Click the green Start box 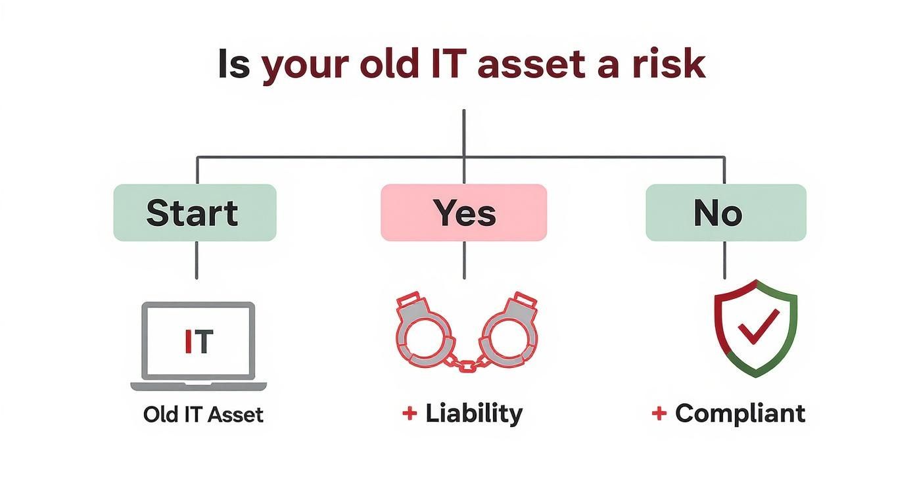195,213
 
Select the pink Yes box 463,213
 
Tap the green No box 725,213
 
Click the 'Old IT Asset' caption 203,415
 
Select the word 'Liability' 473,413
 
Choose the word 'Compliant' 739,413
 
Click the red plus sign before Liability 409,413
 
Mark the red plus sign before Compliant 659,413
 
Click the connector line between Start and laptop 196,260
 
